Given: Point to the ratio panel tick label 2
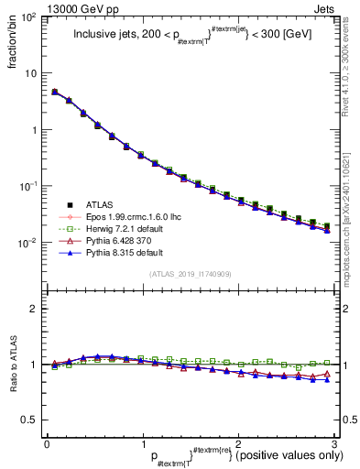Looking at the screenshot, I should point(35,309).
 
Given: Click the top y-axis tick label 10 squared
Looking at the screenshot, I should point(28,17).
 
